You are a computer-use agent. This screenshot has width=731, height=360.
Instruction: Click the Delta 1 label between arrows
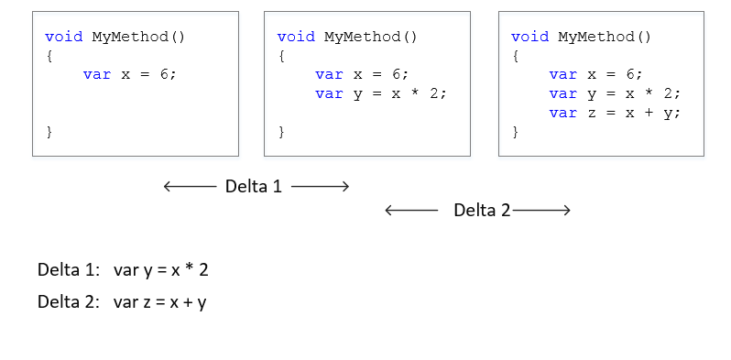[x=254, y=187]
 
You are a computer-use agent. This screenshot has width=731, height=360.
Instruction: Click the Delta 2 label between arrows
[x=482, y=211]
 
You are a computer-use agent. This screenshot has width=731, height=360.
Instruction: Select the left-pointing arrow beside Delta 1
[x=190, y=187]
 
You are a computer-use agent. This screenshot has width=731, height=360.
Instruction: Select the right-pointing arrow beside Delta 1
[x=320, y=187]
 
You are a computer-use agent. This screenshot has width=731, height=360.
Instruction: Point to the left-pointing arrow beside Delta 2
[x=411, y=211]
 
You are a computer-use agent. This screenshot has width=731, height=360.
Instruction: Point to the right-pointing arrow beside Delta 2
[x=542, y=211]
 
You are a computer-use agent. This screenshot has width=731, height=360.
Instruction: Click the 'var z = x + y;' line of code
[x=616, y=113]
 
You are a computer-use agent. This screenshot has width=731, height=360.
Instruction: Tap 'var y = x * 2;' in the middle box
[x=381, y=93]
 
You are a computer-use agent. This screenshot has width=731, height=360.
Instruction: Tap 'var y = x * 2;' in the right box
[x=616, y=93]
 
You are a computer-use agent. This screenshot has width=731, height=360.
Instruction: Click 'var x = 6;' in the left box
[x=129, y=74]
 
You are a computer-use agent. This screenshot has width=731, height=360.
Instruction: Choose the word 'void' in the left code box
[x=64, y=37]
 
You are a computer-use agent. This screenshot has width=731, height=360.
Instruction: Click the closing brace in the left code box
[x=49, y=132]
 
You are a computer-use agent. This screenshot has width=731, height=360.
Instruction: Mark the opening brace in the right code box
[x=516, y=56]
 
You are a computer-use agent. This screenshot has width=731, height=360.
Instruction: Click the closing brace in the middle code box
[x=282, y=132]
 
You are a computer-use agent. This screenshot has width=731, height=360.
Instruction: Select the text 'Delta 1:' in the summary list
[x=68, y=270]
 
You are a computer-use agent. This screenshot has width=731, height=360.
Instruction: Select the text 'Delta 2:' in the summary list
[x=68, y=301]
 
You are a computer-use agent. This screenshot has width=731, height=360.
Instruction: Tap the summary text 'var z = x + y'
[x=160, y=301]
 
